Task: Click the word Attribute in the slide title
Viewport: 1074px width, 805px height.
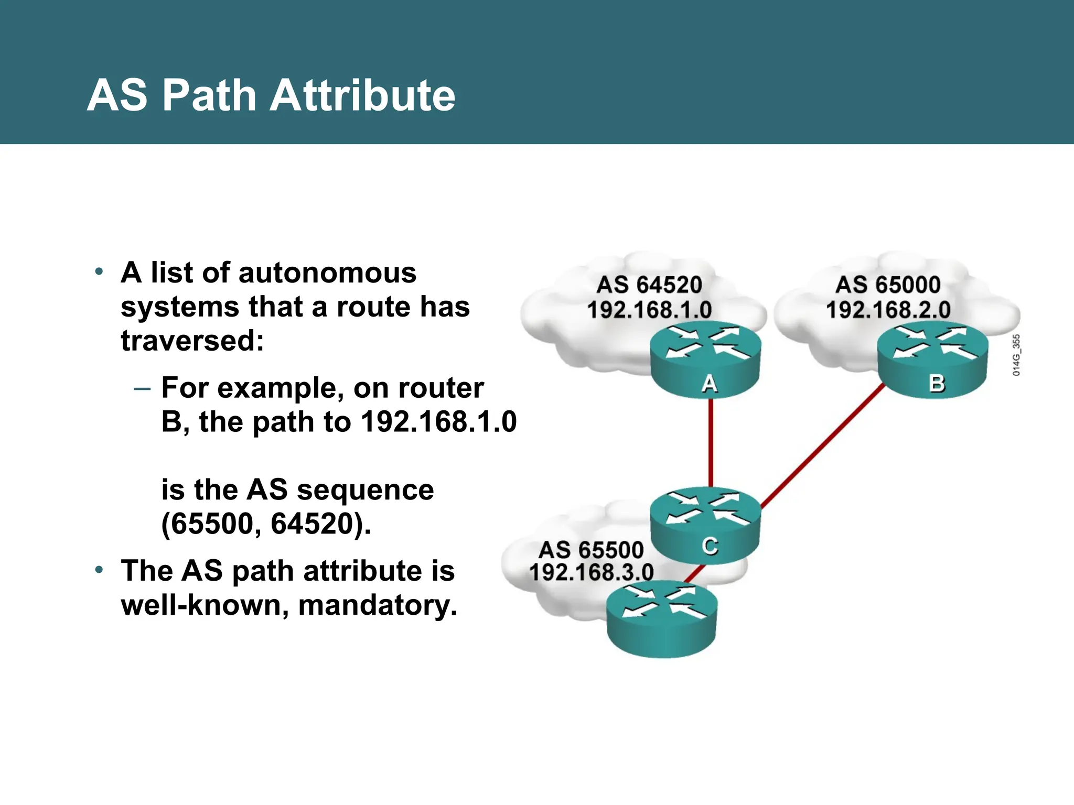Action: [x=362, y=95]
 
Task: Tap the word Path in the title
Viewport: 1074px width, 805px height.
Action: [x=209, y=95]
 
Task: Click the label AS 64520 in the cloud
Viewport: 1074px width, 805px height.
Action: [x=649, y=285]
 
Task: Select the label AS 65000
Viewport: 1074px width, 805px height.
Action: [x=888, y=285]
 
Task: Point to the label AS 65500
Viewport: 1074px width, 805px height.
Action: [x=591, y=550]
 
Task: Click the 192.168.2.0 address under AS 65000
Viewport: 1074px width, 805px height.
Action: [x=888, y=310]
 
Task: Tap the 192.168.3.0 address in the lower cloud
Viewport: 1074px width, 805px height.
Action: [x=591, y=572]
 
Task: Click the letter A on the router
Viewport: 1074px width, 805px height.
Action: [x=709, y=384]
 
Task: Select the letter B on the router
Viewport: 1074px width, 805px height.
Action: [x=937, y=384]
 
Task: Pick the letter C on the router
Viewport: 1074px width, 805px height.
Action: [x=710, y=546]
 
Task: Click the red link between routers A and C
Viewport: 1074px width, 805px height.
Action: [x=711, y=443]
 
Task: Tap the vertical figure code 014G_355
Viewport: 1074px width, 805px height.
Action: [x=1016, y=355]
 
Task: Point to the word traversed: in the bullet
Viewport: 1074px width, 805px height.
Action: [x=192, y=341]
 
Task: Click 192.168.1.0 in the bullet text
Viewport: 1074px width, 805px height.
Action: [x=439, y=422]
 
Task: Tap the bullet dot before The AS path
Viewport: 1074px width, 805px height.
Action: [x=99, y=570]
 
